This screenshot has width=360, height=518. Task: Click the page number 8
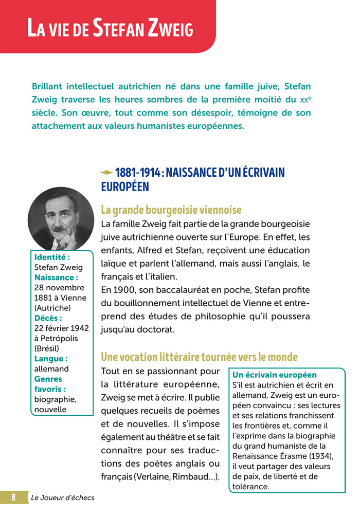pos(14,497)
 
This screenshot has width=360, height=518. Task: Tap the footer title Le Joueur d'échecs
pos(63,497)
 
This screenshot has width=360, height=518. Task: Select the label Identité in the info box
pos(52,257)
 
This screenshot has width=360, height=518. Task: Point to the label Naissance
pos(56,277)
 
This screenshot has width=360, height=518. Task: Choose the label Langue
pos(50,359)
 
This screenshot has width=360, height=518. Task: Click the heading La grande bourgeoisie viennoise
pos(171,210)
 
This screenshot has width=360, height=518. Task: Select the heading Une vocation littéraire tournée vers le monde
pos(199,357)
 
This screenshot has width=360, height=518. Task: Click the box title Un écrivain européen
pos(275,375)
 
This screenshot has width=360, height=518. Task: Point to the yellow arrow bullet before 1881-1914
pos(106,172)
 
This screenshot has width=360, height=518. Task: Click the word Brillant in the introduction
pos(51,86)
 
